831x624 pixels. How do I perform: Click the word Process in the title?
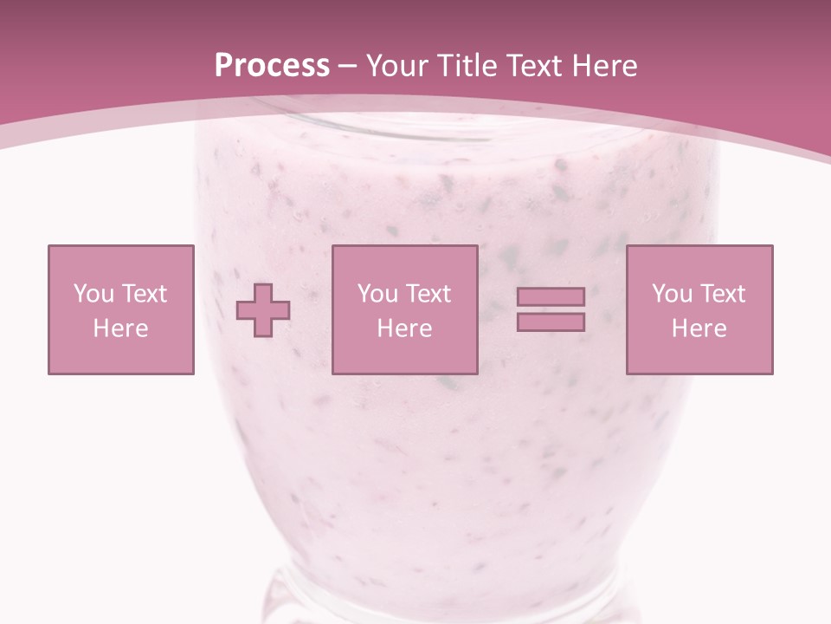click(272, 66)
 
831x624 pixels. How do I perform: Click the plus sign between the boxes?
click(263, 309)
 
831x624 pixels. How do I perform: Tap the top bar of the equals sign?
click(551, 296)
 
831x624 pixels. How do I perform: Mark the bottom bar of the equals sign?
click(551, 322)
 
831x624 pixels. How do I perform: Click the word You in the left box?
click(92, 294)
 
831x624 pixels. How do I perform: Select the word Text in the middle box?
click(428, 294)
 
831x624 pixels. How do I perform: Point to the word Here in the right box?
click(699, 328)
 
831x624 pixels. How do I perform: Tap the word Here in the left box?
click(120, 328)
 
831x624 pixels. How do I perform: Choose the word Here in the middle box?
click(404, 328)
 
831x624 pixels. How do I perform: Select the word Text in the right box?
click(722, 294)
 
